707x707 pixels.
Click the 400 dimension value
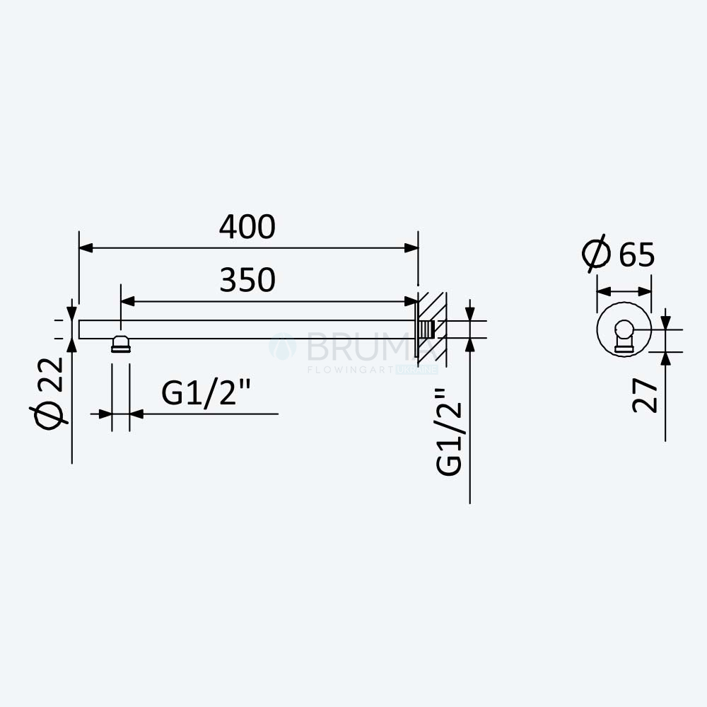247,226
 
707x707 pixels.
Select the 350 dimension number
247,279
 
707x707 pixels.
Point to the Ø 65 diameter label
618,253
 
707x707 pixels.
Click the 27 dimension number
644,395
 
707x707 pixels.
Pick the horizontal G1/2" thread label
206,393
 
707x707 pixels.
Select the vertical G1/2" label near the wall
449,431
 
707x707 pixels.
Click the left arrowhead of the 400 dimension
86,248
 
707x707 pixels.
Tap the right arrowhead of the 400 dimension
411,248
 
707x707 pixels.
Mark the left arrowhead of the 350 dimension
127,301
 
